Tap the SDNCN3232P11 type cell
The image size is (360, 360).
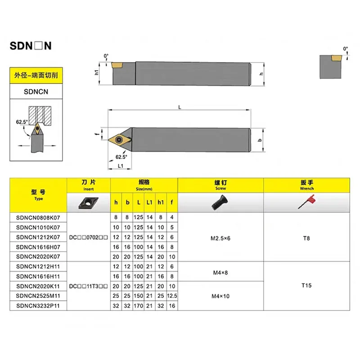pos(38,306)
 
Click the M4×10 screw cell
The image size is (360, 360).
pos(220,296)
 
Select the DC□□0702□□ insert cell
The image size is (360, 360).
pos(89,237)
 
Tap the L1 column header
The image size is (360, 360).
pos(149,203)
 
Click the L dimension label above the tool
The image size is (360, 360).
pos(180,107)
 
